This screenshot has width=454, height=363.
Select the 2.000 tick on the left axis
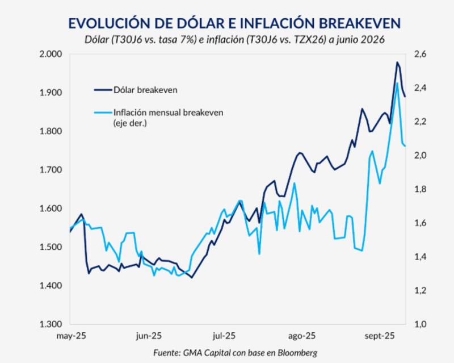click(x=51, y=54)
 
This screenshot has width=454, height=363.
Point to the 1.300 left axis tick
click(x=51, y=324)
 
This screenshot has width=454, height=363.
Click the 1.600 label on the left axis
click(x=51, y=208)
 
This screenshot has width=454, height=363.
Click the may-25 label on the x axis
click(x=70, y=335)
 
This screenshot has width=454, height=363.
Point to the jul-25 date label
click(x=224, y=335)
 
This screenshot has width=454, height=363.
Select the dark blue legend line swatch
click(x=102, y=90)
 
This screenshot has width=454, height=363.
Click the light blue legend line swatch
click(x=102, y=112)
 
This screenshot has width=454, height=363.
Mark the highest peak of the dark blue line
click(x=397, y=62)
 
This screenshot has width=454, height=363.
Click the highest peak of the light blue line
click(x=397, y=83)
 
